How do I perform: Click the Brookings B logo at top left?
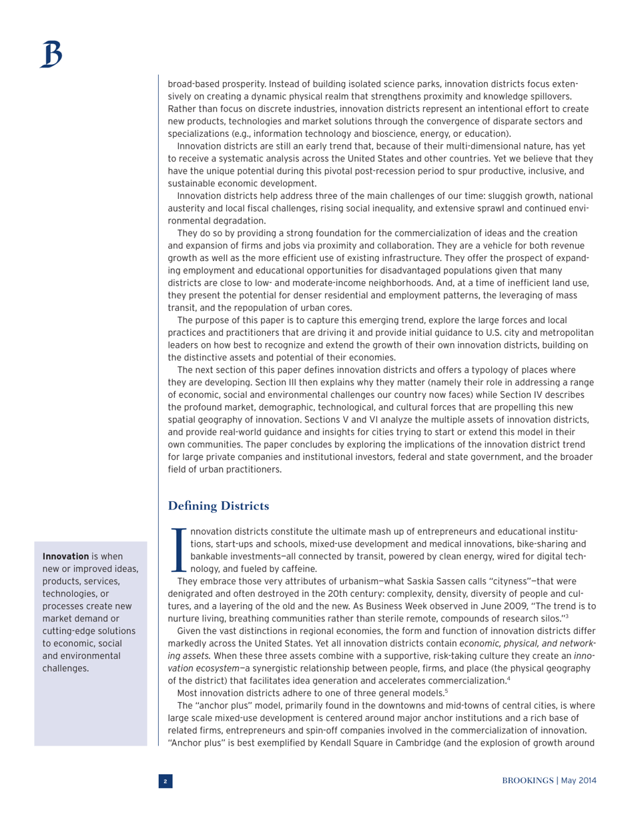[51, 54]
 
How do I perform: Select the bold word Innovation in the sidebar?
[66, 555]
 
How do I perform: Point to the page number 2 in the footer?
[165, 781]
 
